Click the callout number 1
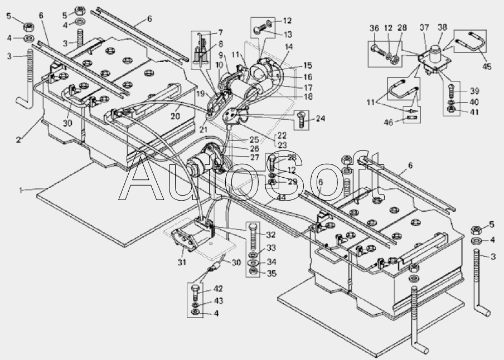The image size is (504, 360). click(21, 191)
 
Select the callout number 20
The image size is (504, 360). click(175, 116)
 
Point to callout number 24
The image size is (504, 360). click(319, 118)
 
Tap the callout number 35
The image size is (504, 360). click(272, 274)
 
